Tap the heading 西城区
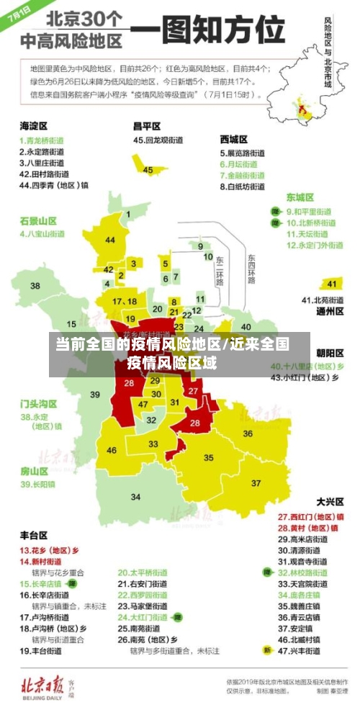tap(234, 138)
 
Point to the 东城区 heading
tap(300, 197)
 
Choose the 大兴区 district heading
tap(330, 501)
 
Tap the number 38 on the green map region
tap(35, 286)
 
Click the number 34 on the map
tap(135, 497)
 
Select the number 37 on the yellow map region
tap(256, 482)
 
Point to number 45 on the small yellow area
tap(148, 170)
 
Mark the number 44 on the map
tap(110, 240)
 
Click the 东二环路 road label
tap(220, 270)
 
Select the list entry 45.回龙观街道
tap(159, 140)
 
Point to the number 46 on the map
tap(112, 451)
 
